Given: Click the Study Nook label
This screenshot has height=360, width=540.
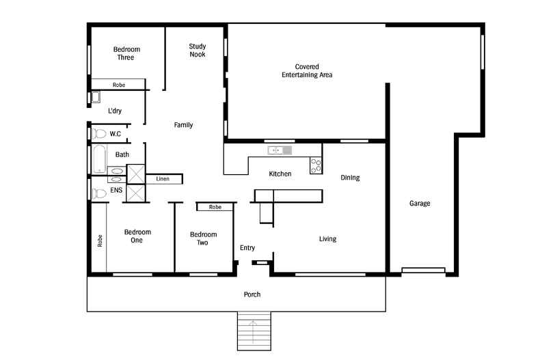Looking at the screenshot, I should (198, 51).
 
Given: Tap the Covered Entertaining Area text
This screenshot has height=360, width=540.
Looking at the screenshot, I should (307, 71).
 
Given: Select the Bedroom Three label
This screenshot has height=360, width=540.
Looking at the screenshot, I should (126, 53).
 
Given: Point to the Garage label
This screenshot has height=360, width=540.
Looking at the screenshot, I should (420, 203).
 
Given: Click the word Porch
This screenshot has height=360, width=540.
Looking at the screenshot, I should (252, 294).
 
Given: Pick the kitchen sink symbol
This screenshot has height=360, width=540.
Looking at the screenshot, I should (279, 150).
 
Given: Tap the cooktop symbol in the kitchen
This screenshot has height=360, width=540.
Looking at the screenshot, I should (316, 165).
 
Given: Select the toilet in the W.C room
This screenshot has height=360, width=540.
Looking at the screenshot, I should (99, 133).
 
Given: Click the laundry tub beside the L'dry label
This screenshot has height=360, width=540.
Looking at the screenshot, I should (96, 97).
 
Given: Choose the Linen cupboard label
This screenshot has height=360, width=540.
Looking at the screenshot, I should (163, 179).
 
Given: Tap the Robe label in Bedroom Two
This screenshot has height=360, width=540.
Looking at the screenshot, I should (215, 207).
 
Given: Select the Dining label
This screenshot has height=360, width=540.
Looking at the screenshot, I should (350, 178).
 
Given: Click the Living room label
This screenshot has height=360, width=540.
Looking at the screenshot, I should (328, 239).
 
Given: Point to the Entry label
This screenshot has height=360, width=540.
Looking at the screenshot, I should (247, 248).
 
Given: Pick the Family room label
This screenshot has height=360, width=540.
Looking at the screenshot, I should (183, 125).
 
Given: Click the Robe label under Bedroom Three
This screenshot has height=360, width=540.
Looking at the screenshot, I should (119, 85).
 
